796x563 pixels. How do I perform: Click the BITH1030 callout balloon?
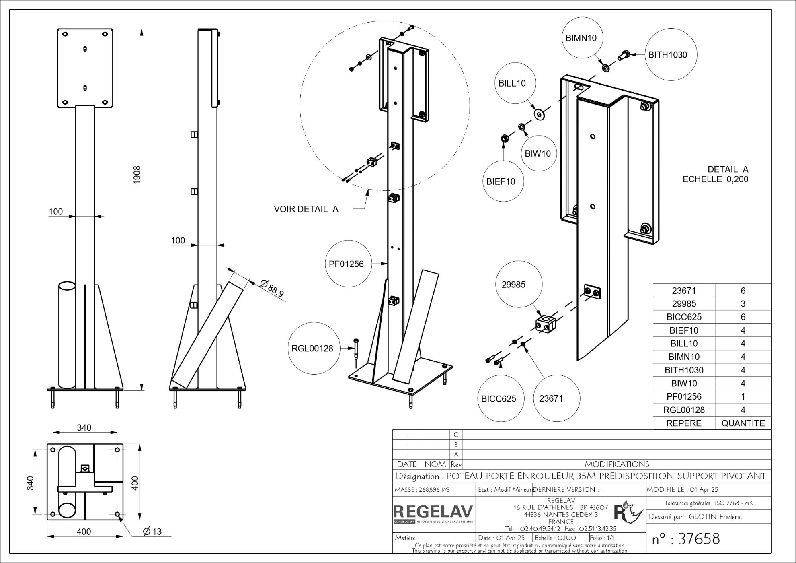668,55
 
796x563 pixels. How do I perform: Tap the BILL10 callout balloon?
512,83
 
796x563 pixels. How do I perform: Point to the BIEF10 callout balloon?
501,181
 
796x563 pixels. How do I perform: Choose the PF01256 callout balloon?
346,264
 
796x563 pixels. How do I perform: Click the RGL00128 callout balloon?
312,349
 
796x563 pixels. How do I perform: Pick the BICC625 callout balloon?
499,399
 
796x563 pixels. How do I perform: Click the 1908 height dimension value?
137,175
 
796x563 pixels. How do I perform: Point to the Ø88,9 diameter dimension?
272,288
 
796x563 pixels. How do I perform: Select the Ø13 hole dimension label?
152,532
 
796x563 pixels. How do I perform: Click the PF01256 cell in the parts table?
684,396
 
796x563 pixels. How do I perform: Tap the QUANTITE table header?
743,423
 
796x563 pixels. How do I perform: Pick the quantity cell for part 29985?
743,304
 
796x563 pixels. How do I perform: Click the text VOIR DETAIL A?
306,209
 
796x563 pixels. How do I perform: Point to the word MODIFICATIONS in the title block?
617,464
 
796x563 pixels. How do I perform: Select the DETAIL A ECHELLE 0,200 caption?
716,174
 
